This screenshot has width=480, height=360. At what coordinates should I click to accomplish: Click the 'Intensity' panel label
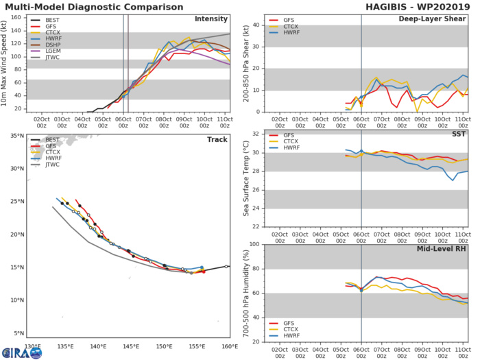pyautogui.click(x=211, y=19)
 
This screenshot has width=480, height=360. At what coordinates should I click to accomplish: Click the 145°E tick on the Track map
pyautogui.click(x=131, y=346)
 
